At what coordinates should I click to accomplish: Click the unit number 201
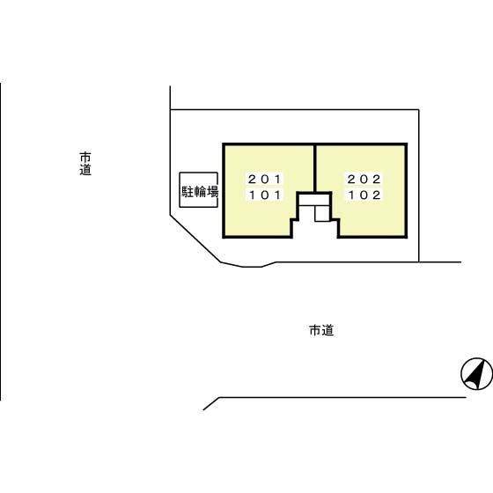point(264,180)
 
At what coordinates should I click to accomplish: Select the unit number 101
point(264,195)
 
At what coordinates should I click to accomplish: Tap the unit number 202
point(364,180)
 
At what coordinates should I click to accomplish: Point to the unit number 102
point(364,195)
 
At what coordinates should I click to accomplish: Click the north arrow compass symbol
point(476,374)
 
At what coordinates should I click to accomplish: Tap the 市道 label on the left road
point(85,164)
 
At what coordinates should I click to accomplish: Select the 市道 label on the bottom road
point(321,330)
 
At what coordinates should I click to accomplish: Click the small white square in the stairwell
point(321,213)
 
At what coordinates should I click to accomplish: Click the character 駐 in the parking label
point(188,192)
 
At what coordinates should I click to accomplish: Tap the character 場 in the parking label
point(212,192)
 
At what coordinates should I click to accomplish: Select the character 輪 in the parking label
point(200,192)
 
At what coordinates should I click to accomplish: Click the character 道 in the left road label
point(85,170)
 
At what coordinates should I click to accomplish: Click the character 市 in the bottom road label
point(315,330)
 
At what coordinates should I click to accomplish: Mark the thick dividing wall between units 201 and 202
point(314,168)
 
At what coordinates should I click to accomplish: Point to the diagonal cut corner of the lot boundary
point(195,239)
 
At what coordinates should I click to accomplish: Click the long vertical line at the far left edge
point(1,241)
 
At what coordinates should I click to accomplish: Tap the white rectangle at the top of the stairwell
point(313,201)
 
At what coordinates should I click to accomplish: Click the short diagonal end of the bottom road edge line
point(211,404)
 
